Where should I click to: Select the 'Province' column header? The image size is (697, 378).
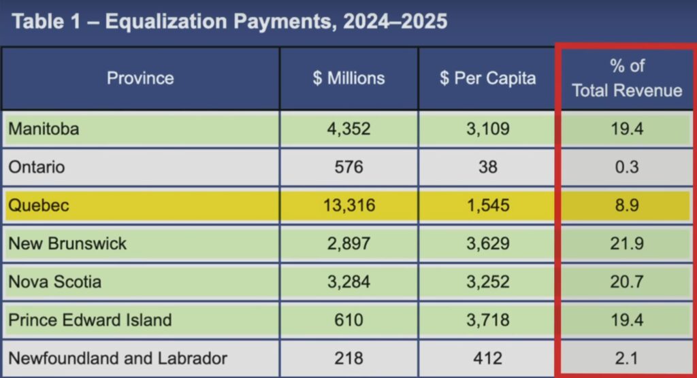coord(140,78)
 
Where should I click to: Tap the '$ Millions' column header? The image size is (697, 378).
coord(348,78)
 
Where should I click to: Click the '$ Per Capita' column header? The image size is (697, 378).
coord(487,78)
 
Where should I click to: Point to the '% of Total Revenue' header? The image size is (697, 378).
coord(626,78)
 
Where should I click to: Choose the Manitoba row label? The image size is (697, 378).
coord(44,129)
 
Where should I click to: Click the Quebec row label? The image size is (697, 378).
coord(38,205)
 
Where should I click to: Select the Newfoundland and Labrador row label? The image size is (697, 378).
coord(118,358)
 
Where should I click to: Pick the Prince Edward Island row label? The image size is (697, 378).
coord(90,320)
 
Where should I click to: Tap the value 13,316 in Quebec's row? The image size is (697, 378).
coord(348,205)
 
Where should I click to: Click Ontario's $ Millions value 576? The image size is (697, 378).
coord(348,167)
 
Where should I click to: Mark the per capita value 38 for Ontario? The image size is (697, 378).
coord(487,167)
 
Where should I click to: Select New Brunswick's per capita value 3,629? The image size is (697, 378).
coord(487,243)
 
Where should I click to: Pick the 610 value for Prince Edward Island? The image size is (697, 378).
coord(348,320)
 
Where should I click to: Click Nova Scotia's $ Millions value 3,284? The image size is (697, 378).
coord(348,281)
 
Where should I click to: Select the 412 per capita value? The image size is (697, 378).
coord(487,358)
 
